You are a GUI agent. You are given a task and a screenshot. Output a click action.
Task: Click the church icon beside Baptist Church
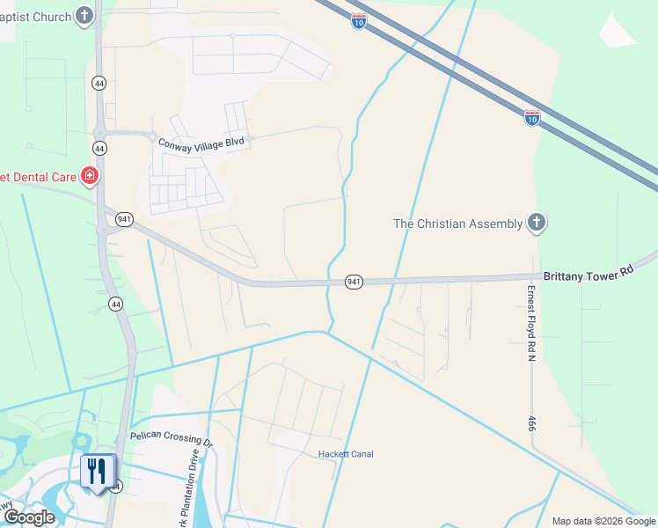point(84,16)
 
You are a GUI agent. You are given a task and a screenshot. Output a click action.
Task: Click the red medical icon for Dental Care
point(89,177)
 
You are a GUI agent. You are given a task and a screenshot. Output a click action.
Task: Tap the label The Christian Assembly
point(457,224)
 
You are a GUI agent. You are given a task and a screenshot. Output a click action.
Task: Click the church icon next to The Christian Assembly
point(537,223)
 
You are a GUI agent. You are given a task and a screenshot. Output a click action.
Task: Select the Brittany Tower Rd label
point(588,275)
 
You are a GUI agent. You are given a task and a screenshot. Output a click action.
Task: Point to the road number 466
point(532,423)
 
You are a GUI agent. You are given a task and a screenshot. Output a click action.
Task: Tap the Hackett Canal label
point(346,454)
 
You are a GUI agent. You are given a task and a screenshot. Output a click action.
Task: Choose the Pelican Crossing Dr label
point(172,436)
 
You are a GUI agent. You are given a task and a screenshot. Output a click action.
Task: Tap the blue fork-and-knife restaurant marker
point(98,472)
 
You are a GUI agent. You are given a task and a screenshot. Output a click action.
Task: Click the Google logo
point(29,517)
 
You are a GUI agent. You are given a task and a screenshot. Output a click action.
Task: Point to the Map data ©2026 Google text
point(603,521)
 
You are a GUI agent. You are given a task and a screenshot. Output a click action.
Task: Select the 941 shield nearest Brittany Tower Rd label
point(354,282)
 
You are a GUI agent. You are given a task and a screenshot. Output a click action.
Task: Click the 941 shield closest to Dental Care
point(124,219)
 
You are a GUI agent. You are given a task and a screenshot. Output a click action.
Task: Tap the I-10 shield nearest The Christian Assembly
point(532,117)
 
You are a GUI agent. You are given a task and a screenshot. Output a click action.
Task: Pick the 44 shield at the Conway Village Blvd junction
point(99,148)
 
